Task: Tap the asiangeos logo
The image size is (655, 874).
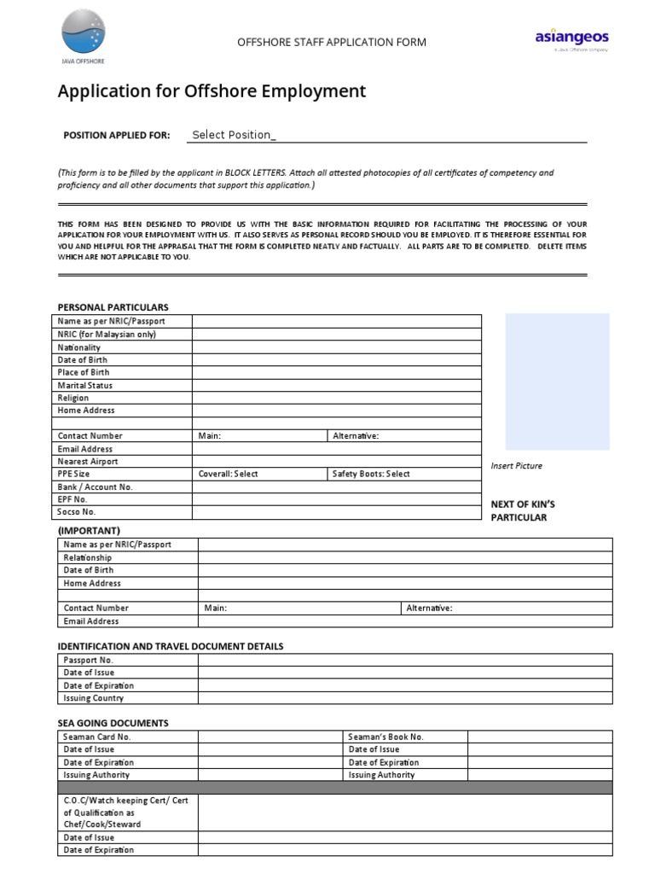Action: pos(571,38)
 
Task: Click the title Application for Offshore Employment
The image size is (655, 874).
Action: pos(212,91)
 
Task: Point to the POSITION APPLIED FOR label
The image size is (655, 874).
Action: pos(117,135)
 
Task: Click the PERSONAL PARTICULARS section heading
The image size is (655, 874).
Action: pos(113,307)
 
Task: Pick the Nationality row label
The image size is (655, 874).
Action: pos(79,347)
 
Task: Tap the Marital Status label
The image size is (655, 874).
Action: pos(85,385)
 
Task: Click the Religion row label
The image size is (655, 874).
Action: pos(73,398)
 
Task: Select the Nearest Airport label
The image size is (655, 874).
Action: pos(88,461)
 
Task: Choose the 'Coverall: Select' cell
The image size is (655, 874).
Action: pos(228,474)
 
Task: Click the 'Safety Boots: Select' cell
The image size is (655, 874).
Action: pos(371,474)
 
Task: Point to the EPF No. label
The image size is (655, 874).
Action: pos(72,498)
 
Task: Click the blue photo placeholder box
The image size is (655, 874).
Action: pos(557,381)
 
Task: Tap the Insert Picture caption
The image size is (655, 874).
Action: pos(517,466)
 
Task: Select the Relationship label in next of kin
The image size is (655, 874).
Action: pos(88,557)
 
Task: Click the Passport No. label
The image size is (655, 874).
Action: pos(88,660)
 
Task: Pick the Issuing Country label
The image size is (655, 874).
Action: pos(94,698)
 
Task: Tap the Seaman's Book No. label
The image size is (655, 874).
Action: pos(385,737)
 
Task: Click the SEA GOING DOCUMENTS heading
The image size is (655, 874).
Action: pos(113,723)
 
